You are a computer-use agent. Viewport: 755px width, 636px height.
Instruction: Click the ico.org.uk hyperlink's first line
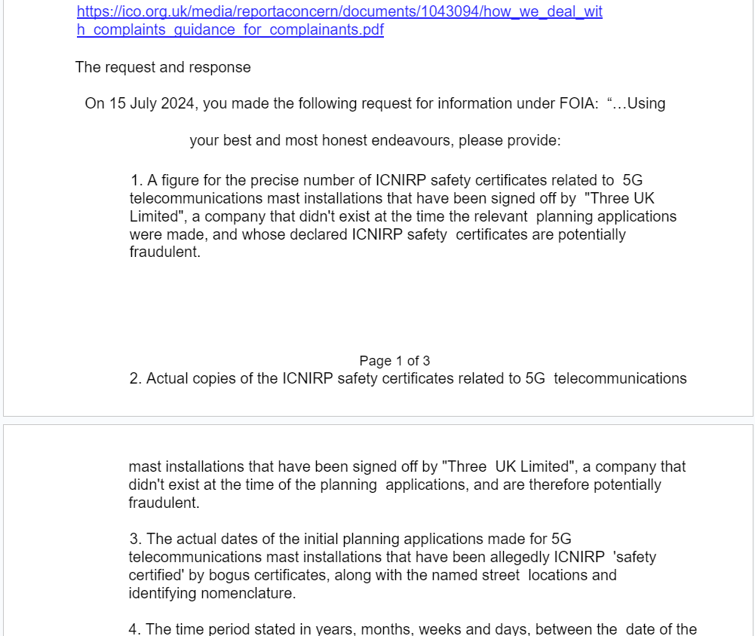(x=339, y=12)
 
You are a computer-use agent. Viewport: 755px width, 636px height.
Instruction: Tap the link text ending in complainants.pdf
(x=230, y=30)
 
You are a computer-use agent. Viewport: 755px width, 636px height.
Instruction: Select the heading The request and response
(x=163, y=67)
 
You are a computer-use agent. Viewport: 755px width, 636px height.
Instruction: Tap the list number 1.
(x=136, y=180)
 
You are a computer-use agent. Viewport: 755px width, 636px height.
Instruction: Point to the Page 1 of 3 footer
(x=394, y=361)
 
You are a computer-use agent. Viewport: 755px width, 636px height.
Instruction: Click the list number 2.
(x=136, y=378)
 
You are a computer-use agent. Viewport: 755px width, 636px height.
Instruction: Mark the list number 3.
(x=136, y=539)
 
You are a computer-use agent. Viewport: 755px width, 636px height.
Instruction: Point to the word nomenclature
(x=248, y=593)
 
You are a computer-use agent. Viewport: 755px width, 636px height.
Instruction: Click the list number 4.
(x=136, y=628)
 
